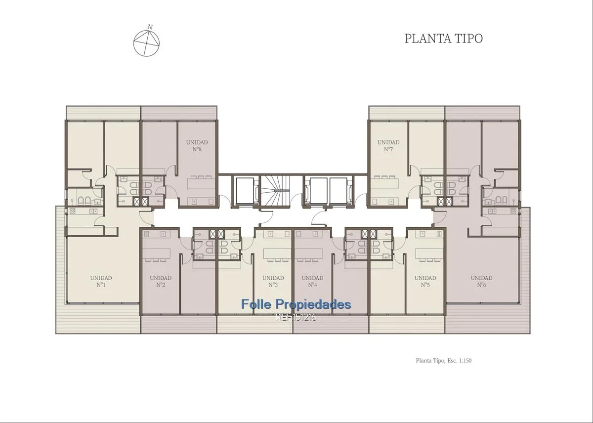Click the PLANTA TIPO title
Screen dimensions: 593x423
click(444, 39)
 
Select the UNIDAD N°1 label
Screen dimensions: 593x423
click(101, 281)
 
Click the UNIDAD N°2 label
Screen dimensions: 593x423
click(161, 281)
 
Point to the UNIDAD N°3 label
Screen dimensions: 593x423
click(273, 281)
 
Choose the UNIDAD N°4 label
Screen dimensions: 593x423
click(313, 281)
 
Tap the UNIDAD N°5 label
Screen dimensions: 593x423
click(425, 281)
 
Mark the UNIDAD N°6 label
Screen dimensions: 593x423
click(481, 281)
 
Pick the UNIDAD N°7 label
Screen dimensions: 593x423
click(388, 146)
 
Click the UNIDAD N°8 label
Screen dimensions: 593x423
click(197, 146)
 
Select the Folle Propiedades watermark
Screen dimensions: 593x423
click(296, 304)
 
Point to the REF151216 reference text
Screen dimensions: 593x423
click(296, 317)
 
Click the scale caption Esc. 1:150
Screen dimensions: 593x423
click(459, 361)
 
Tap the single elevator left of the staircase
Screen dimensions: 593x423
click(245, 190)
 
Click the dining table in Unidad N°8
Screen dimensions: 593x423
click(201, 183)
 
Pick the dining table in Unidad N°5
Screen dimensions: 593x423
click(429, 254)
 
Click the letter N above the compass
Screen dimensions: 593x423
click(150, 27)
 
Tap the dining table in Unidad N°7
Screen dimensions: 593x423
click(385, 183)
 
